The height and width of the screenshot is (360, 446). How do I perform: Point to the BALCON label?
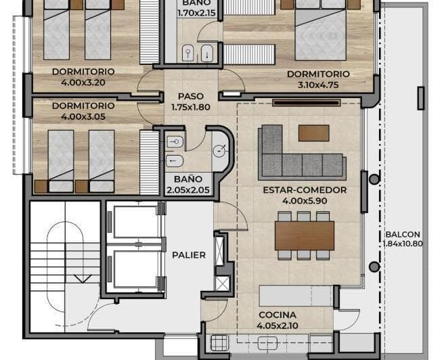click(x=403, y=234)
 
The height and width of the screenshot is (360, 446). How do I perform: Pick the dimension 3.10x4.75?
click(x=318, y=85)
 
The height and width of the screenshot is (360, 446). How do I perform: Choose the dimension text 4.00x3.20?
click(x=83, y=82)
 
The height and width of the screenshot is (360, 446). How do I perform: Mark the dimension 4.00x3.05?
click(x=83, y=116)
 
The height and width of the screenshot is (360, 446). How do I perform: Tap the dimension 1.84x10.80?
click(x=403, y=244)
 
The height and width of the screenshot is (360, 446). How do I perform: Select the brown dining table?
click(x=305, y=235)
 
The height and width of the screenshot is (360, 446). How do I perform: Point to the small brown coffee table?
click(x=313, y=133)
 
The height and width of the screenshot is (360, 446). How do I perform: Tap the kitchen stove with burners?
click(x=219, y=343)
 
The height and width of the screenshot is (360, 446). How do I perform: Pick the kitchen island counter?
click(x=296, y=296)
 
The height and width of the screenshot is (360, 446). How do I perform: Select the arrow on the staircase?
click(x=82, y=276)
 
